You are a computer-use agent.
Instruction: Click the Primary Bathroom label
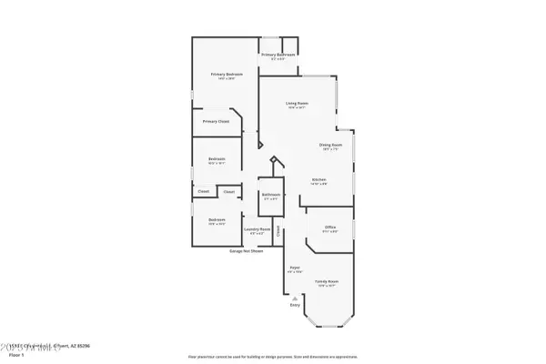tap(279, 56)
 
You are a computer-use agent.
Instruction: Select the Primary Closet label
tap(216, 121)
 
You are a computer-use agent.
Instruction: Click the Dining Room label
tap(330, 145)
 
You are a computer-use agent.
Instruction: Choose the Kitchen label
tap(319, 179)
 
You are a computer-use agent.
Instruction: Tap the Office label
tap(331, 227)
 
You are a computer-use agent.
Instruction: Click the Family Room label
tap(328, 282)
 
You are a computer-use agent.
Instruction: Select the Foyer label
tap(295, 267)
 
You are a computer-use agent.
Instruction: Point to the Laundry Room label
tap(258, 228)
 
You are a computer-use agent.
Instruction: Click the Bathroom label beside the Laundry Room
tap(271, 194)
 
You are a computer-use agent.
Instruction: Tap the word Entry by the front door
tap(295, 304)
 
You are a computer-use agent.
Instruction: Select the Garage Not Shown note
tap(247, 249)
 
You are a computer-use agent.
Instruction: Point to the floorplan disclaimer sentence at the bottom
tap(273, 357)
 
